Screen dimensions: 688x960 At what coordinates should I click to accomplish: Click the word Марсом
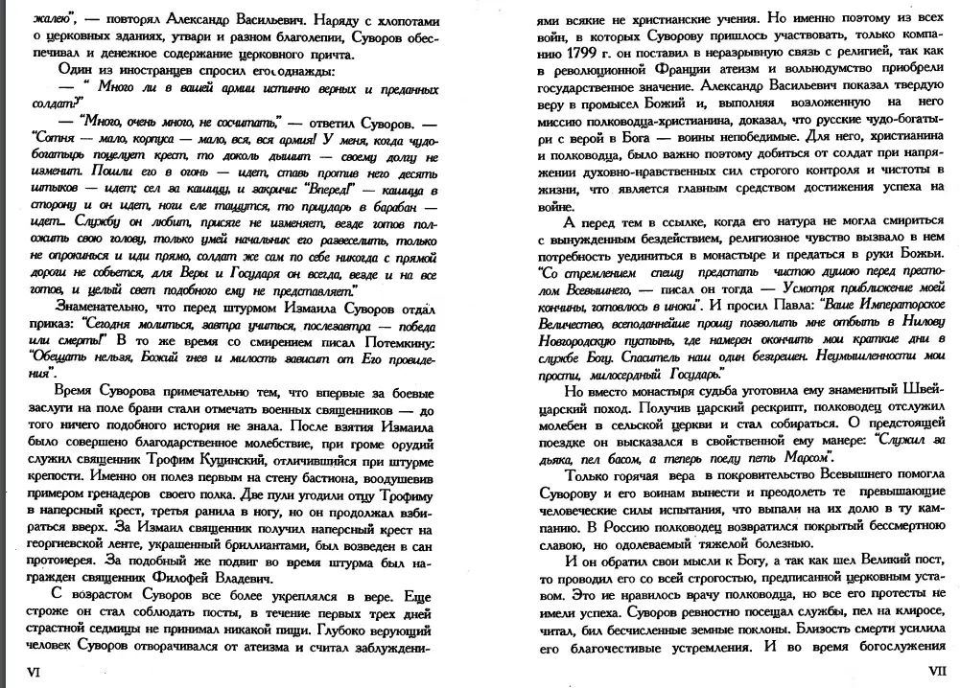800,458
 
